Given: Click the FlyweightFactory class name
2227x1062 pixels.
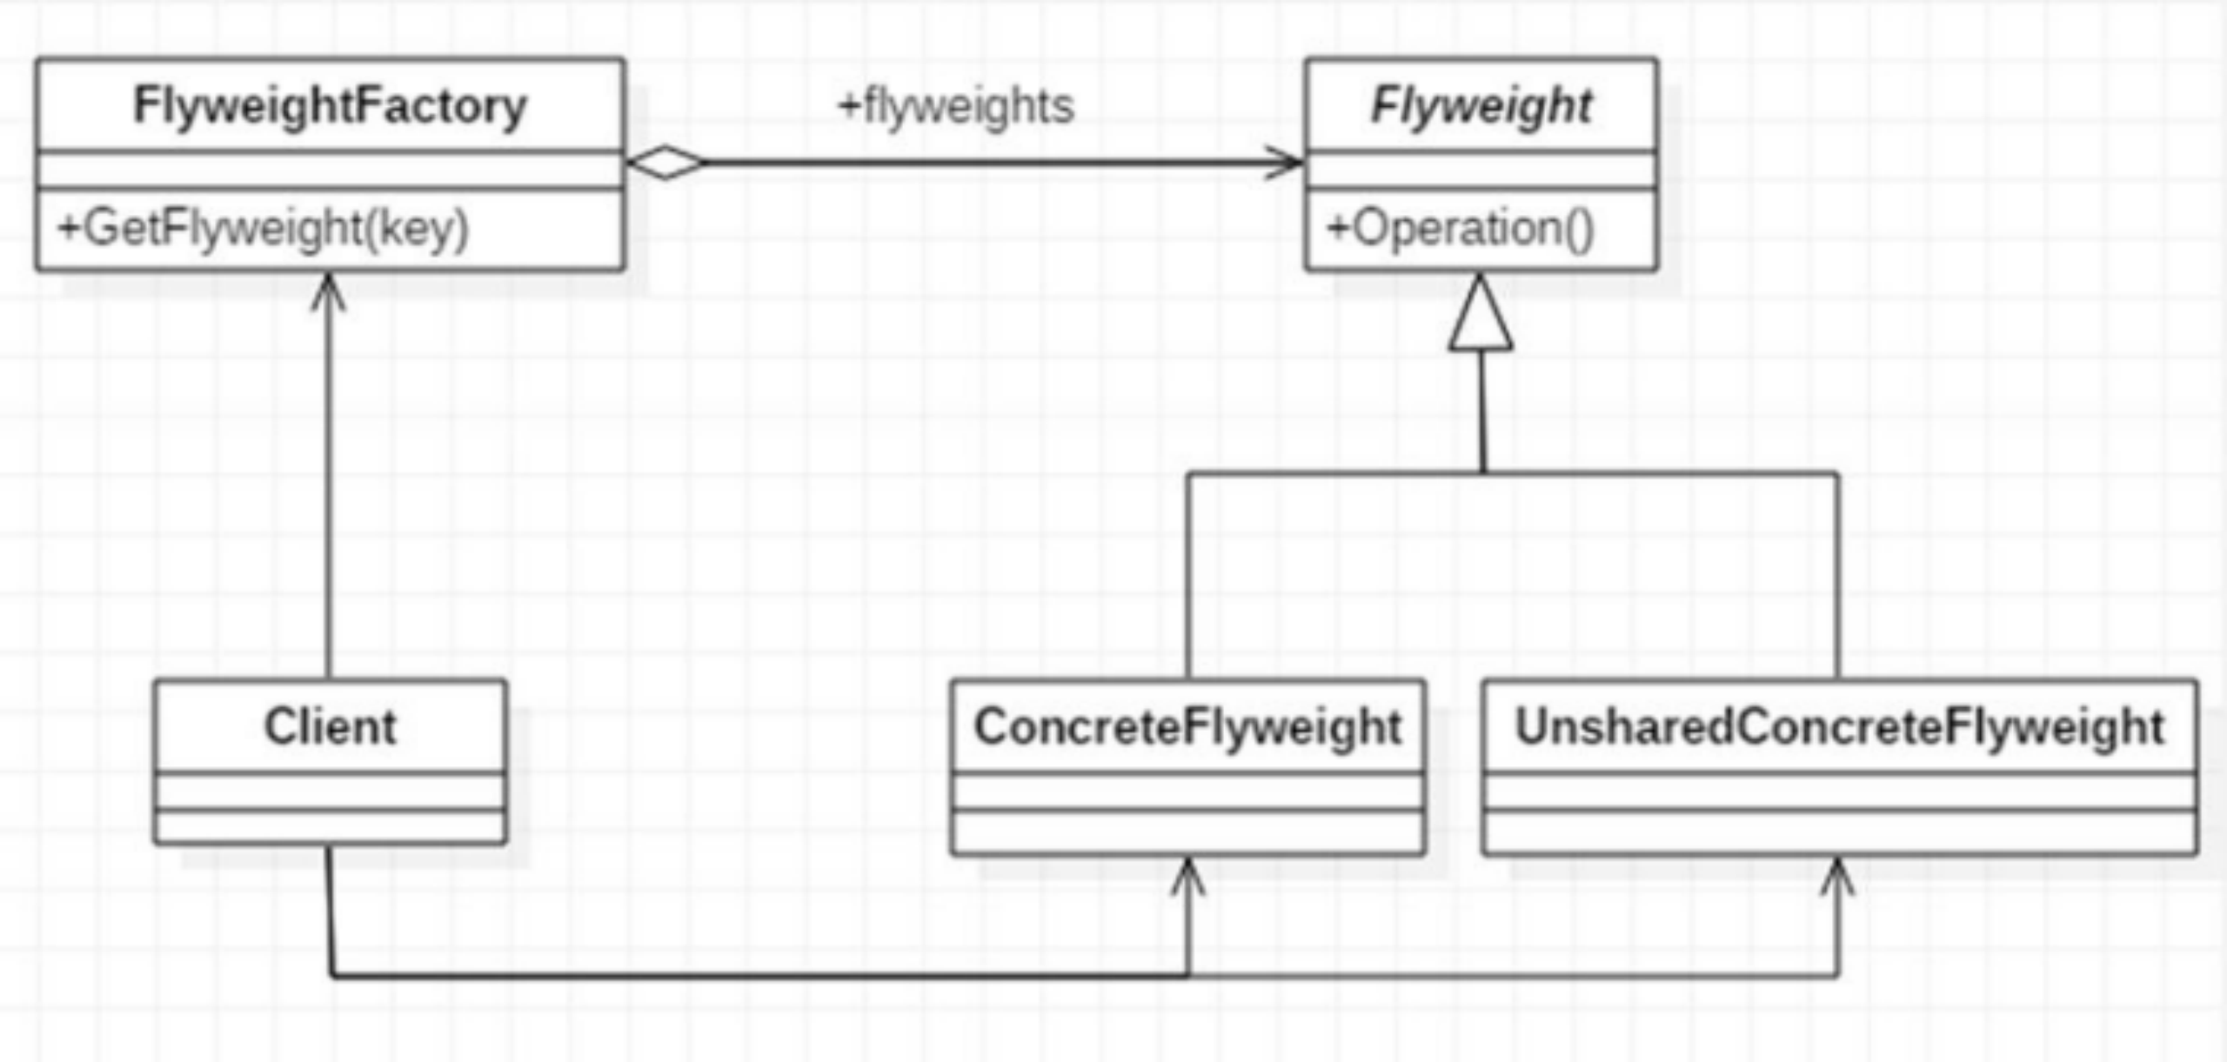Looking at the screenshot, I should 330,106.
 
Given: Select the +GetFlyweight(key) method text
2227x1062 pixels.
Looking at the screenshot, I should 263,229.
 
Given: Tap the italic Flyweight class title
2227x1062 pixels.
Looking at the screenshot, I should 1481,106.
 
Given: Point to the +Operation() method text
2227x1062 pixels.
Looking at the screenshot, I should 1461,229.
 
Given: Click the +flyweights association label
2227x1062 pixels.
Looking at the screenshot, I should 955,106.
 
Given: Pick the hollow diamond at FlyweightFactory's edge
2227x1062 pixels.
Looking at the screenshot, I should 665,163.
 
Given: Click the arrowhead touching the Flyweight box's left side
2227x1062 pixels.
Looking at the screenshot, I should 1285,163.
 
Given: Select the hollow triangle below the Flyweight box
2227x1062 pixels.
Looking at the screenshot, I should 1481,317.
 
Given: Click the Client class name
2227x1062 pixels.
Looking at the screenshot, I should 330,726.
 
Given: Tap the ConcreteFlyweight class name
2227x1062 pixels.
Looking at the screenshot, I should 1187,726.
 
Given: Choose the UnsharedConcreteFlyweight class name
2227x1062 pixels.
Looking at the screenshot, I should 1839,726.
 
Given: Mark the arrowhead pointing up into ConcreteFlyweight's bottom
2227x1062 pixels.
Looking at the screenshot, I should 1187,874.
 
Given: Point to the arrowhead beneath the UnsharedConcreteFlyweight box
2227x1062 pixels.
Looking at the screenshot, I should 1837,874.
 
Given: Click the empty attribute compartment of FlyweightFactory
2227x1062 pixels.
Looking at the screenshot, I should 330,170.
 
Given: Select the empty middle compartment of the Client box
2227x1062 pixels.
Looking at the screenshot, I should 330,791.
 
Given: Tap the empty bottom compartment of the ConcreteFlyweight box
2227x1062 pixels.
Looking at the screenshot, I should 1187,832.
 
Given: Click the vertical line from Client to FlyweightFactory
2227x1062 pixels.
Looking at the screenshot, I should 328,487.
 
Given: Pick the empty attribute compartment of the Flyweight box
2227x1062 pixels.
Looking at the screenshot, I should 1481,170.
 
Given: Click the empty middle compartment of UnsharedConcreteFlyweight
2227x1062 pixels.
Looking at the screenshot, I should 1839,791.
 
